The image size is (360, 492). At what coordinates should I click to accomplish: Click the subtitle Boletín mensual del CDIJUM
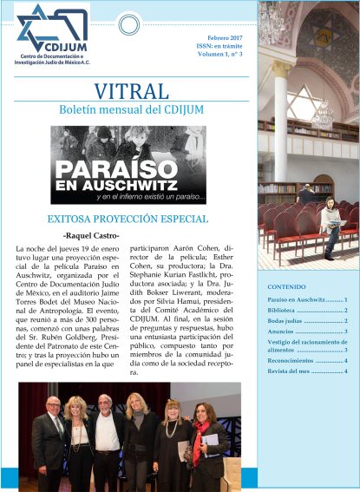click(129, 111)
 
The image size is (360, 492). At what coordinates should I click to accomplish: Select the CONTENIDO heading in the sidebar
click(286, 285)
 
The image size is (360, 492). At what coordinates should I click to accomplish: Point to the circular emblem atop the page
click(128, 24)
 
